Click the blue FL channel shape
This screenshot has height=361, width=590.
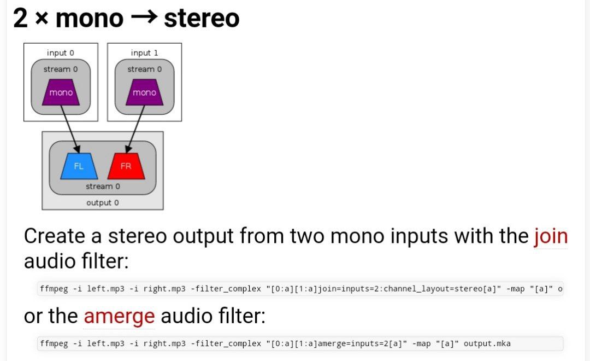click(79, 166)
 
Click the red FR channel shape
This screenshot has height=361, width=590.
click(126, 166)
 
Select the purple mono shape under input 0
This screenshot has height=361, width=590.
click(61, 92)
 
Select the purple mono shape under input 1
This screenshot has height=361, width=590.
click(144, 92)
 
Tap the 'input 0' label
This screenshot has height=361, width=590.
click(61, 53)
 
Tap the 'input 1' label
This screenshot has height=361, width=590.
click(144, 53)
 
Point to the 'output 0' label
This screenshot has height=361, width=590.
click(102, 203)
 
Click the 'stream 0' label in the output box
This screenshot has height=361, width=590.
click(102, 187)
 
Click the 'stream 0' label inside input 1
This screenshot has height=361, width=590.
click(144, 69)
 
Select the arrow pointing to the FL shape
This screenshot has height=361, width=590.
click(70, 129)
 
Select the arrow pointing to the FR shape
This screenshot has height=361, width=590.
click(135, 129)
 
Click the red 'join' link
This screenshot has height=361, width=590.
click(551, 236)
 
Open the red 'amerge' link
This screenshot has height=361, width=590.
click(119, 316)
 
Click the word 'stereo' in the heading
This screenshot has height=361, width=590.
click(202, 18)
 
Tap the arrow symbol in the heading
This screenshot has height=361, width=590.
click(144, 18)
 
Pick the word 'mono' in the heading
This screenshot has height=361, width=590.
click(89, 18)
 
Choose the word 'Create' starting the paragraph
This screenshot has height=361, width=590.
click(55, 236)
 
